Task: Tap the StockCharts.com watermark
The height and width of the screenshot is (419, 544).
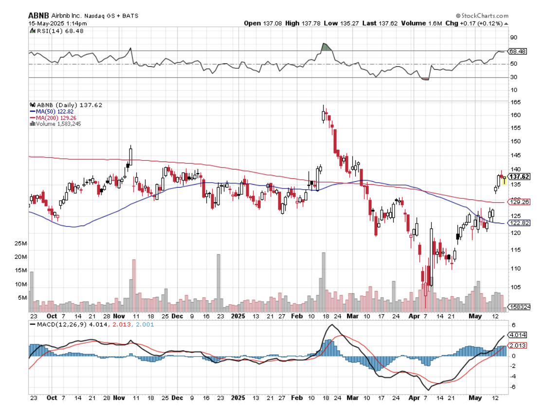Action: coord(483,16)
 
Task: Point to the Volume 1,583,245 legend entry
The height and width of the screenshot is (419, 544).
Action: coord(57,124)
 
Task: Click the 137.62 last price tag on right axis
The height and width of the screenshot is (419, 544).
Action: coord(519,176)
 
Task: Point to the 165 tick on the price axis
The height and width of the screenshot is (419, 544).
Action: coord(513,102)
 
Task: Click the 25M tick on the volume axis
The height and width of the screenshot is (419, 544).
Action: coord(21,243)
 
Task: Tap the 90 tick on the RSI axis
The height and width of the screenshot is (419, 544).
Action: coord(513,38)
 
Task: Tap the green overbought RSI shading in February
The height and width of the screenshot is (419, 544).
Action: coord(326,47)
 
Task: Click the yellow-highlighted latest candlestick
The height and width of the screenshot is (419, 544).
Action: coord(505,180)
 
